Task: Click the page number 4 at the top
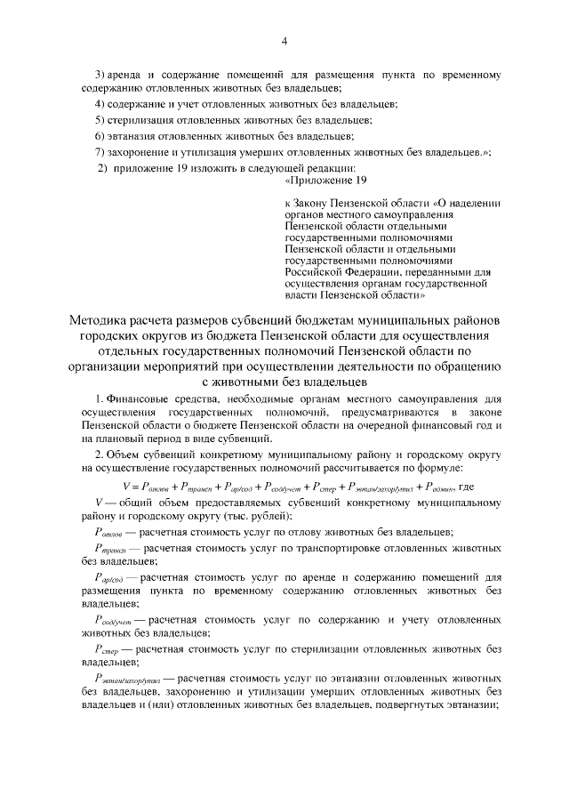[284, 40]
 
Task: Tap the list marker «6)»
[101, 135]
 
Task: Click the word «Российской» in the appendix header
[312, 261]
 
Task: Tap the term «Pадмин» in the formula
[439, 487]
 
